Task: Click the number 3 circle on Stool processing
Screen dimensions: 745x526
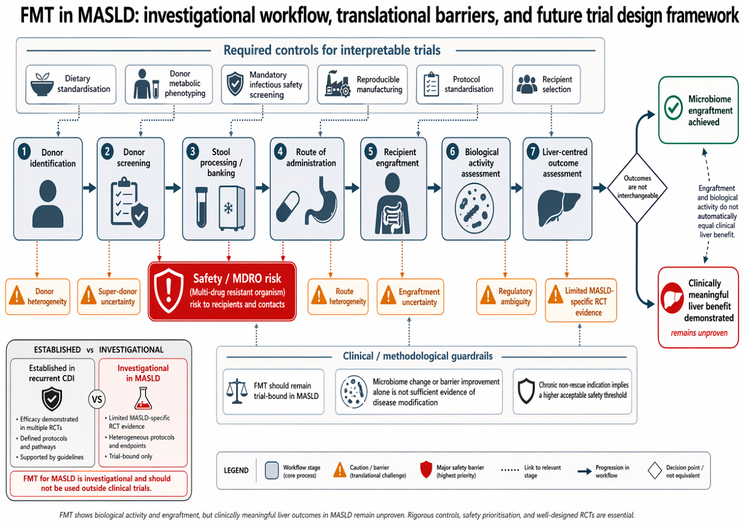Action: click(x=193, y=151)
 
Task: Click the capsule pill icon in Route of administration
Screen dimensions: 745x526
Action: click(x=288, y=206)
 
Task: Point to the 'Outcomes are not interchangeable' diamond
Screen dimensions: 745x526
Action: click(x=637, y=188)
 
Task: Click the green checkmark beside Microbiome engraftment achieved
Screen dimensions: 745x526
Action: click(x=673, y=108)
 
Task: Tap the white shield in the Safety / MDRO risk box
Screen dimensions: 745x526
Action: click(x=168, y=290)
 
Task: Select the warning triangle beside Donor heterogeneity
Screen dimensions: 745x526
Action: click(x=17, y=295)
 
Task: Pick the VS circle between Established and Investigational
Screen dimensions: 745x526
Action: click(x=97, y=399)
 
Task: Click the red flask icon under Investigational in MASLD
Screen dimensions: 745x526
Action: click(x=143, y=398)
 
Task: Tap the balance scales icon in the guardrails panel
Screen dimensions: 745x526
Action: click(x=237, y=391)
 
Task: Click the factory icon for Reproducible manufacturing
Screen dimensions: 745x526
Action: click(x=337, y=84)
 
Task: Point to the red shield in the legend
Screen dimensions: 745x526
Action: click(x=426, y=470)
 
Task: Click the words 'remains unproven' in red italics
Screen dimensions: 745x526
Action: click(x=699, y=333)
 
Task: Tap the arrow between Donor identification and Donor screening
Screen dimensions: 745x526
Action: click(x=89, y=188)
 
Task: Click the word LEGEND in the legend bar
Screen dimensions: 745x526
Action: click(x=236, y=471)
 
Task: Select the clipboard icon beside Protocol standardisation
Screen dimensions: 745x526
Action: click(x=431, y=84)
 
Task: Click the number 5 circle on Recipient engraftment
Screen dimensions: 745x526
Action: click(x=370, y=151)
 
